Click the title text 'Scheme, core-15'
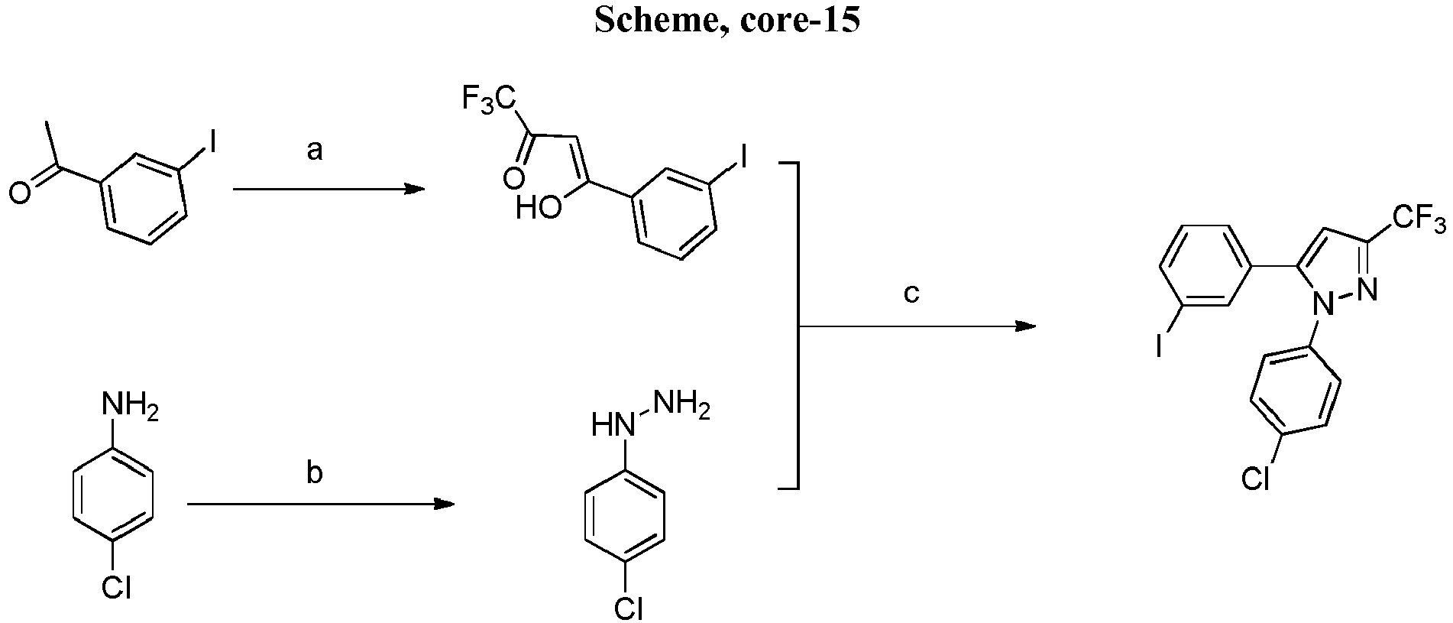pos(726,21)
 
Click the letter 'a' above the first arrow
pos(315,151)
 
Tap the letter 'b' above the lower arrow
pos(314,473)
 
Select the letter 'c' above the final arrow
pos(911,294)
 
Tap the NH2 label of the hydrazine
pos(681,406)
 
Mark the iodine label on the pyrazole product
pos(1159,348)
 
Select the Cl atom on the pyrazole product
pos(1255,478)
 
